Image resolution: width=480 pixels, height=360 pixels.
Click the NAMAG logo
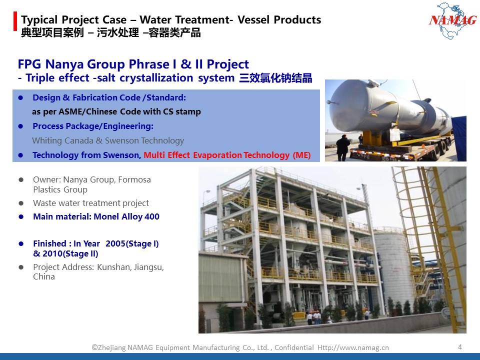tap(452, 20)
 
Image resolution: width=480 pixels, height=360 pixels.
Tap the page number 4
tap(460, 347)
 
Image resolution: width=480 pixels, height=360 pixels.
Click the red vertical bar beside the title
tap(15, 21)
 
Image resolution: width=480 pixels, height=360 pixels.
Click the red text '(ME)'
tap(301, 155)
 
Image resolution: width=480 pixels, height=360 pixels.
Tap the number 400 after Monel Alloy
tap(152, 216)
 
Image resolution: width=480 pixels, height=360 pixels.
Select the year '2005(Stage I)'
tap(132, 243)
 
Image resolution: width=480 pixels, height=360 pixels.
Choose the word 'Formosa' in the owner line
tap(134, 179)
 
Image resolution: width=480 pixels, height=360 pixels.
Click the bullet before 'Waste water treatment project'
tap(21, 203)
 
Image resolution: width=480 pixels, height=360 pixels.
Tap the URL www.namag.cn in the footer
tap(362, 347)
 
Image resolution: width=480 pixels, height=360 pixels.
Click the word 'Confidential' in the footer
tap(294, 347)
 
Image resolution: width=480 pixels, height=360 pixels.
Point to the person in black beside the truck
tap(342, 148)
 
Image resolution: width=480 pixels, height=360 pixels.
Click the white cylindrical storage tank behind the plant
tap(393, 268)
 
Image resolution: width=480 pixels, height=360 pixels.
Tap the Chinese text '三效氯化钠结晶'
tap(275, 78)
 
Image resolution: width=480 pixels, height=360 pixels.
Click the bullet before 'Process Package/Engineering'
tap(21, 126)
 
